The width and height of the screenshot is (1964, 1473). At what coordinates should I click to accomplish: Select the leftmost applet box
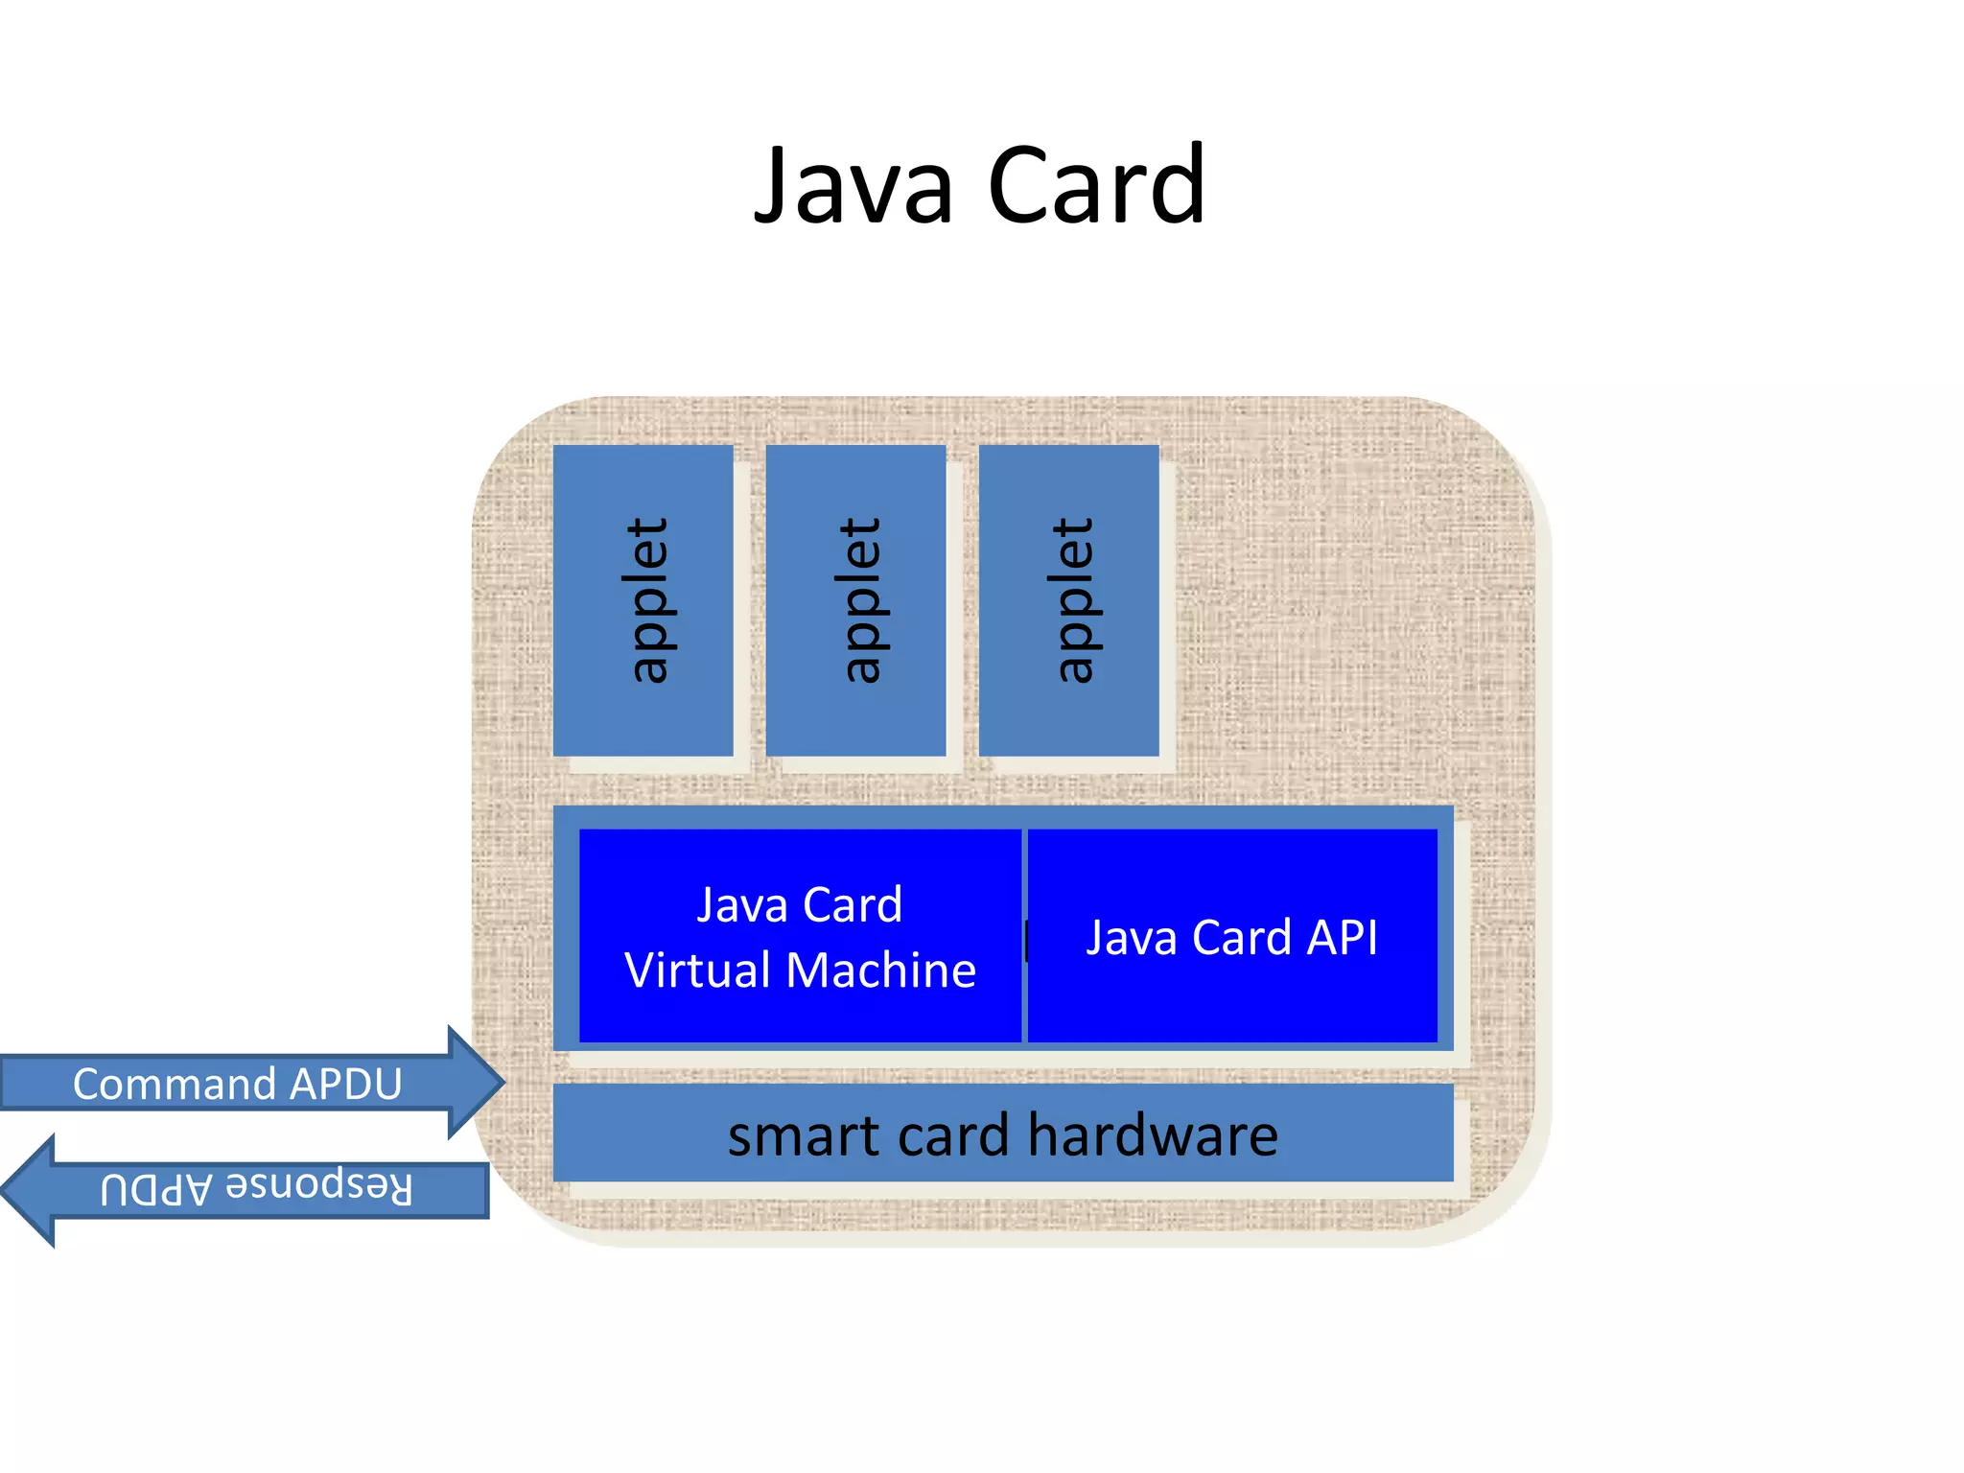(x=643, y=600)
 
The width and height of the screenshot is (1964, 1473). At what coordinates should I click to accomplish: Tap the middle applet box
(x=855, y=600)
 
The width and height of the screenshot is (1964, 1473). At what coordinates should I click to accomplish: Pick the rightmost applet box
(x=1068, y=600)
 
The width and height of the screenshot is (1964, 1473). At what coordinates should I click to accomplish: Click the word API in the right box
(x=1342, y=937)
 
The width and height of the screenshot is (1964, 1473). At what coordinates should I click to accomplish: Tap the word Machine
(x=880, y=970)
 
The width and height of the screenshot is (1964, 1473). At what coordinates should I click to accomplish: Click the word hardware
(x=1153, y=1135)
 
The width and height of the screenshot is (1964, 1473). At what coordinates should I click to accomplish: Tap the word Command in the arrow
(x=175, y=1084)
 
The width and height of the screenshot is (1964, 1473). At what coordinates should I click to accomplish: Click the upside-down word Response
(x=319, y=1187)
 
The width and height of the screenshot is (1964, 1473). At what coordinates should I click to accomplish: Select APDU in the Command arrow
(x=345, y=1084)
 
